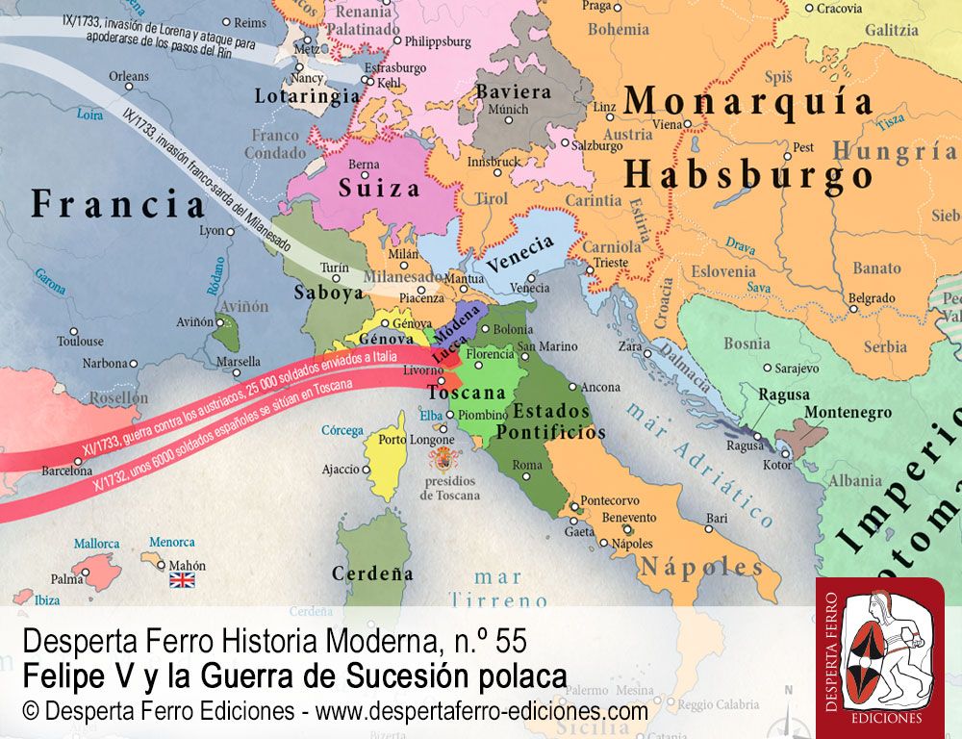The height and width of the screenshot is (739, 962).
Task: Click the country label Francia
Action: coord(118,205)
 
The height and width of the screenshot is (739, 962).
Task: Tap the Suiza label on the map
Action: coord(378,188)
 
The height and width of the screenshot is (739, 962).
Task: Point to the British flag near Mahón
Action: coord(182,579)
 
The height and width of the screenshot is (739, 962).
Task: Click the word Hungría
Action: coord(894,152)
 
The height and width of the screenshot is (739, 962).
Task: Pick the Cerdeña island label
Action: coord(372,573)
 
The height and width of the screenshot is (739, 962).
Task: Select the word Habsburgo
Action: coord(747,175)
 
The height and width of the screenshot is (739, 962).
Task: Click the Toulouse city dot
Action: coord(109,341)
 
